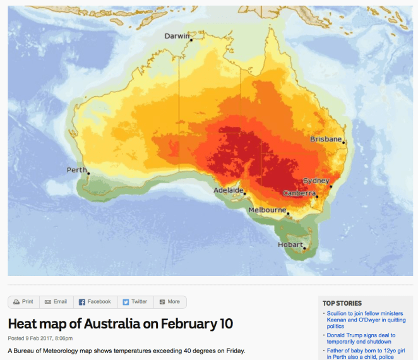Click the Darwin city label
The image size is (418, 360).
click(x=177, y=36)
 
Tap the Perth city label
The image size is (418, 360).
click(x=77, y=170)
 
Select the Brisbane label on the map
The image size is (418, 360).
click(x=326, y=139)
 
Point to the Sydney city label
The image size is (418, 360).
click(x=316, y=181)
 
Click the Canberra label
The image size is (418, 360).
click(x=299, y=193)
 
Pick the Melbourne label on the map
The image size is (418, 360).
click(x=267, y=210)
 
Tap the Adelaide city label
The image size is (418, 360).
click(x=229, y=190)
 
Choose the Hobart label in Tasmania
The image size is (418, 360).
click(x=290, y=244)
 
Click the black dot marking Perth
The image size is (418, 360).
click(x=89, y=174)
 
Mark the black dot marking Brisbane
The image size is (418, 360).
click(x=344, y=143)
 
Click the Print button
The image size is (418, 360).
click(x=23, y=302)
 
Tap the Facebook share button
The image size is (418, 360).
click(x=95, y=302)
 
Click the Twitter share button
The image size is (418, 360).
click(x=135, y=302)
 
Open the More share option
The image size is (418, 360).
click(x=170, y=302)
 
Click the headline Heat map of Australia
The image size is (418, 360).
click(x=120, y=324)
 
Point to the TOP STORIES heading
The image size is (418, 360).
click(x=342, y=303)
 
